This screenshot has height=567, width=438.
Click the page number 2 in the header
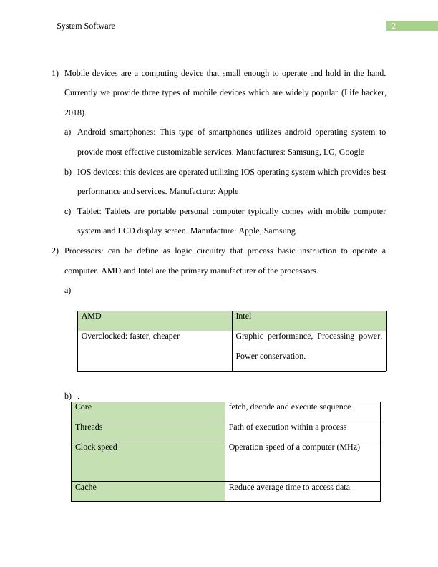click(393, 26)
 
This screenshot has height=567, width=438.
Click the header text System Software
click(86, 26)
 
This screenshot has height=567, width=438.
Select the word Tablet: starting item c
click(91, 211)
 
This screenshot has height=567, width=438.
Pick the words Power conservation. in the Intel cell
click(271, 356)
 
